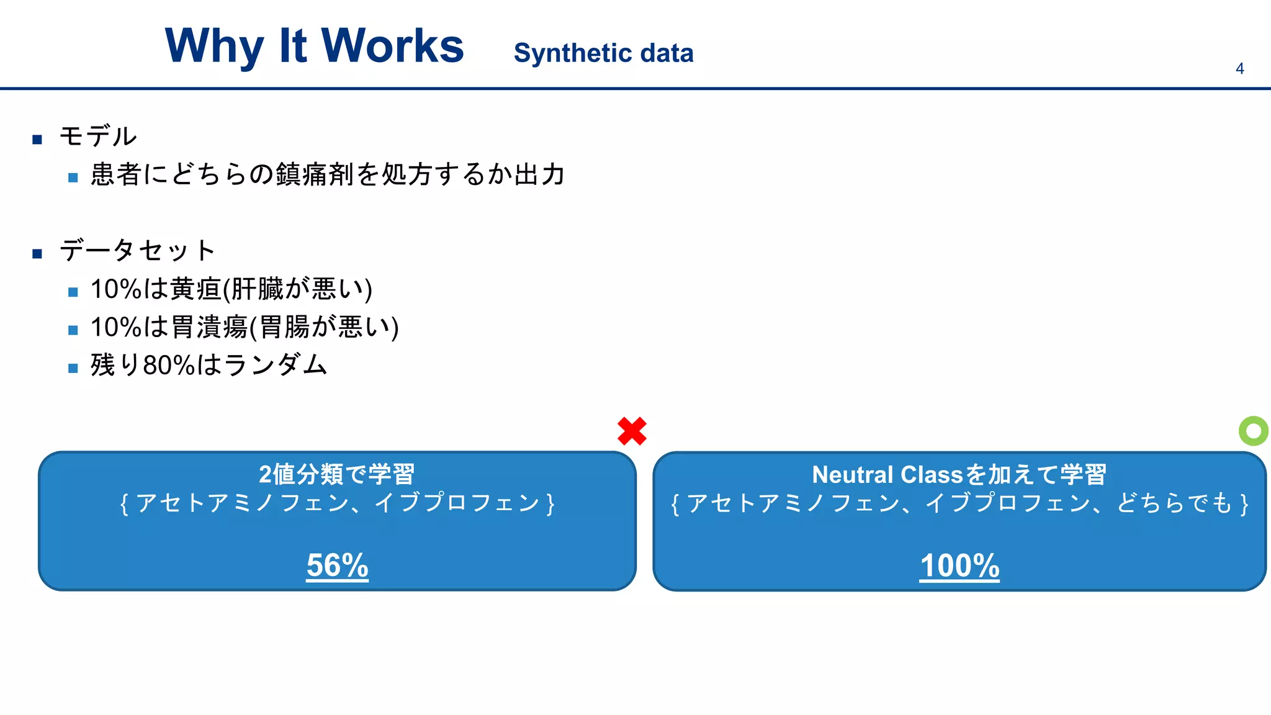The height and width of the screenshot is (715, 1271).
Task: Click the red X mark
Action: [632, 431]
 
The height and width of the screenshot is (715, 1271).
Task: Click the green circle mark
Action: [1253, 431]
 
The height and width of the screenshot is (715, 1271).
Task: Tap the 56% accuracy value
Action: [337, 565]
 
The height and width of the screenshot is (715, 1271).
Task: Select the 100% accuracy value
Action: [959, 566]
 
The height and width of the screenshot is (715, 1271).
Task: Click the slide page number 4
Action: [1239, 69]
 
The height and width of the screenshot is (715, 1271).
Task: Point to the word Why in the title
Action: [214, 47]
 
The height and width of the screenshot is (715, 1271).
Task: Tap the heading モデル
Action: [98, 136]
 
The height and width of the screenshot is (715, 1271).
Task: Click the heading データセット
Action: [137, 250]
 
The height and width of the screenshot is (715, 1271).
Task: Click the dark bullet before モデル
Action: [37, 139]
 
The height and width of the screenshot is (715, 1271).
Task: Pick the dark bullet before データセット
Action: [37, 253]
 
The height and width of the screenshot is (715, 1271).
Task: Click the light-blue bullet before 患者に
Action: [73, 178]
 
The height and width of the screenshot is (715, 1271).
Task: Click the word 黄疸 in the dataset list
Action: [195, 289]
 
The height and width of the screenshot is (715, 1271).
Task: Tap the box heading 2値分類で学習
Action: [336, 474]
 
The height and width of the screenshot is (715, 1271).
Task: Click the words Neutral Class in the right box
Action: [887, 475]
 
